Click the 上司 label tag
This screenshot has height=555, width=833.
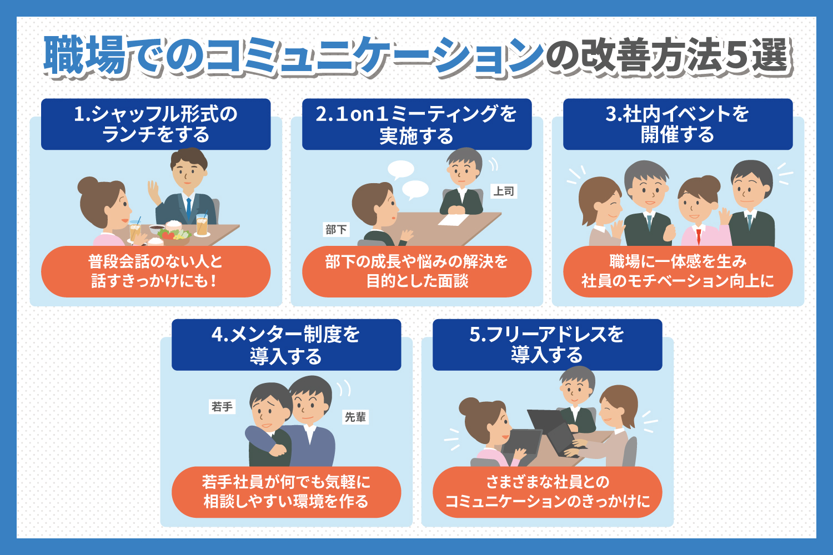tap(504, 191)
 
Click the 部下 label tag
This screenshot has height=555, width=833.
tap(336, 229)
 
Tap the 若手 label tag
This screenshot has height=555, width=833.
tap(222, 406)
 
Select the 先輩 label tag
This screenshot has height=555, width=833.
tap(355, 417)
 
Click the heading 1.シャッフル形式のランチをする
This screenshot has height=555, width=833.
tap(156, 124)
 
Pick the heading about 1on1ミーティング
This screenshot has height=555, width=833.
tap(417, 124)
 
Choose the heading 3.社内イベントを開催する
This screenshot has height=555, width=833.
tap(678, 124)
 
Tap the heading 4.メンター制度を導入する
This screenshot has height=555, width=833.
tap(287, 345)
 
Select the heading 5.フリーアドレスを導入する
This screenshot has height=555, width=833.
tap(548, 345)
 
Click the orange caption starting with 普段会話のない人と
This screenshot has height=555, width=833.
tap(156, 271)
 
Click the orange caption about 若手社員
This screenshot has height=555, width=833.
tap(287, 492)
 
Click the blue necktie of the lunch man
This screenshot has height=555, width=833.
tap(189, 209)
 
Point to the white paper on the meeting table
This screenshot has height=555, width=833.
tap(453, 220)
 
